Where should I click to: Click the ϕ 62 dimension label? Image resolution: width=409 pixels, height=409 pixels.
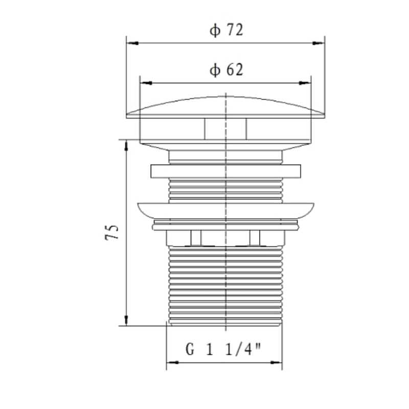click(x=225, y=70)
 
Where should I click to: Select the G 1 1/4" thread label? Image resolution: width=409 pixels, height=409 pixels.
click(x=224, y=350)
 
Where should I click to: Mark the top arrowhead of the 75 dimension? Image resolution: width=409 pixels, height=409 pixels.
click(x=126, y=143)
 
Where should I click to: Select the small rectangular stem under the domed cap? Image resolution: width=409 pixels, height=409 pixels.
click(x=225, y=128)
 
